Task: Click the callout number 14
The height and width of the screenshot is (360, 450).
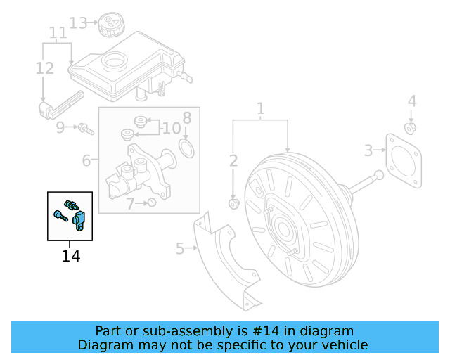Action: click(70, 256)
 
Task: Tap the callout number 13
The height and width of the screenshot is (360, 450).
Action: click(79, 23)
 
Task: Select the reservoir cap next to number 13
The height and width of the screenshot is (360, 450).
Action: click(110, 25)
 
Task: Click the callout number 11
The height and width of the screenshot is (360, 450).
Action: click(58, 33)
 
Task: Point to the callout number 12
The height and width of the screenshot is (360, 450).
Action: click(44, 68)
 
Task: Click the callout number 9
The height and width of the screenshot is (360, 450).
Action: click(60, 127)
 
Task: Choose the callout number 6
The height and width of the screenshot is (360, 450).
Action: click(86, 161)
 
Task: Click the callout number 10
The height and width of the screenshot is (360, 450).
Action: click(171, 128)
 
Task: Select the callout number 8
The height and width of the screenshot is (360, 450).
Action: click(186, 117)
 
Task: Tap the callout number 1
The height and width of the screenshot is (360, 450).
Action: click(260, 109)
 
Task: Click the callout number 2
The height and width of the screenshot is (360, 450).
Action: click(233, 161)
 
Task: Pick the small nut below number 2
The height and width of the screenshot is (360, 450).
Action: click(233, 204)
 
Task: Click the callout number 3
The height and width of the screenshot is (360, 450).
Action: click(368, 150)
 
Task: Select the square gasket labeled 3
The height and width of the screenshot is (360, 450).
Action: click(402, 160)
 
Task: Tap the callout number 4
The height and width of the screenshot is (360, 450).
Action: click(412, 101)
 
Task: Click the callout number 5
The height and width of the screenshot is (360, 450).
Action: click(180, 248)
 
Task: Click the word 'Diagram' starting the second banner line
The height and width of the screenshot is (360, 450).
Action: click(105, 345)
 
